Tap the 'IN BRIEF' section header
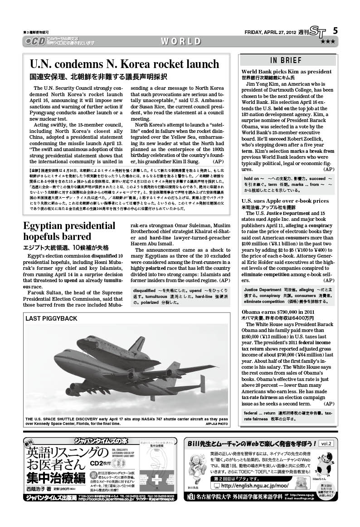[x=286, y=60]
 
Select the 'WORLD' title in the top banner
[x=180, y=41]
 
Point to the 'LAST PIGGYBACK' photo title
[x=51, y=318]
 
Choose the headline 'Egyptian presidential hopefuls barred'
[x=63, y=231]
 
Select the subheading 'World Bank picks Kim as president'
[x=287, y=72]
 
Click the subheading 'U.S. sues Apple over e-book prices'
[x=285, y=200]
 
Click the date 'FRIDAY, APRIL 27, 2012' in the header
[x=270, y=32]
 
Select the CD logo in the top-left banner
[x=34, y=41]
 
